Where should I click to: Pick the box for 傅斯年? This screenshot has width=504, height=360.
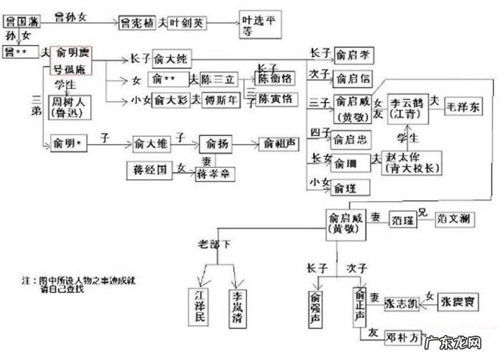(x=221, y=100)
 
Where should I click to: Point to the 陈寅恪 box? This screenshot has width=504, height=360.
(x=275, y=100)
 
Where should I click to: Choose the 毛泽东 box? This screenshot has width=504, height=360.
(x=464, y=109)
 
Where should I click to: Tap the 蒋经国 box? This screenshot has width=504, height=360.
(x=149, y=170)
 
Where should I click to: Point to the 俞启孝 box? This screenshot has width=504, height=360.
(x=352, y=57)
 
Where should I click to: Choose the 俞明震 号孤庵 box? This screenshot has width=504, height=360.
(x=71, y=60)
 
